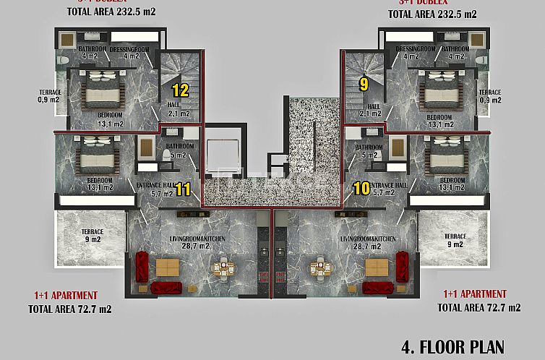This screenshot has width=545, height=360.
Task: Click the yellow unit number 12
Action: [180, 90]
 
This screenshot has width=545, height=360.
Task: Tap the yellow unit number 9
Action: [364, 84]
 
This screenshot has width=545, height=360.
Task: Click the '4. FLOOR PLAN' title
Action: [451, 346]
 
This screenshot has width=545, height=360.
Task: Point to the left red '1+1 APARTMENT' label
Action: [65, 296]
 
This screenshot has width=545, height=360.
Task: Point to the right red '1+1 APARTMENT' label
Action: [474, 294]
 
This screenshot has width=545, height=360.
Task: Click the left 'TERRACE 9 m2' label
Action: [92, 236]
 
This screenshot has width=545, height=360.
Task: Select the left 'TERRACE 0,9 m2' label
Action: [50, 97]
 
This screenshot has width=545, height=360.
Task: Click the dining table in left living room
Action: [223, 269]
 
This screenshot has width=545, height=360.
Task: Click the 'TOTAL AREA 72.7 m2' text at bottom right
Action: [479, 307]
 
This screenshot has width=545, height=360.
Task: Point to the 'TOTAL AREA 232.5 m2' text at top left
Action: [111, 12]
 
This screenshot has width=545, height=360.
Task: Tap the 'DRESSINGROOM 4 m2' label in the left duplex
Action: [129, 52]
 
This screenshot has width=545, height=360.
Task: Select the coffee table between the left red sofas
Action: [168, 268]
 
